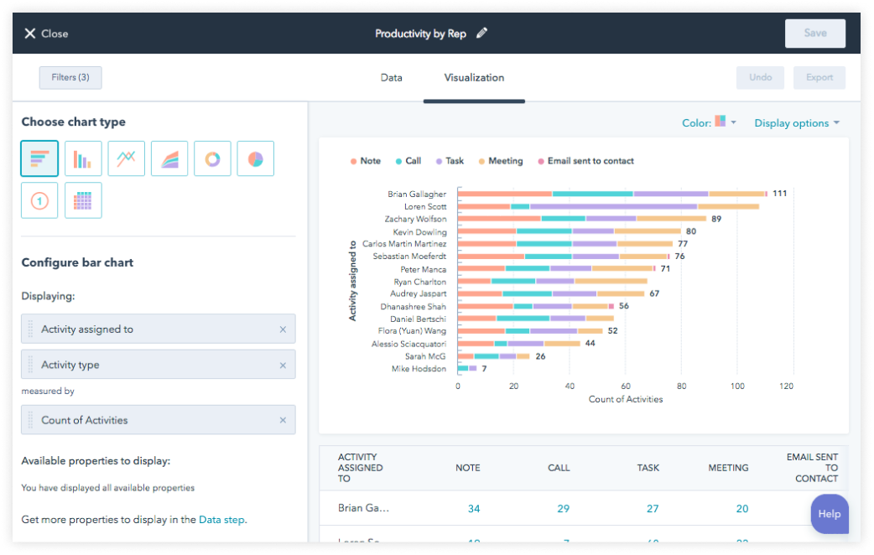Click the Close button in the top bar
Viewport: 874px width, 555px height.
click(46, 34)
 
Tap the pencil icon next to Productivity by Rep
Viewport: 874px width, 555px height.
click(481, 34)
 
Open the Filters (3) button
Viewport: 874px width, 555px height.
click(70, 77)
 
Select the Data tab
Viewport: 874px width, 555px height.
click(391, 78)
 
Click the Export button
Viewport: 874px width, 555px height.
click(819, 77)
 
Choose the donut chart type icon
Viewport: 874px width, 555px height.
click(212, 158)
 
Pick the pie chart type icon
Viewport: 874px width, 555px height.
click(256, 158)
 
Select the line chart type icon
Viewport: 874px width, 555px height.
click(126, 158)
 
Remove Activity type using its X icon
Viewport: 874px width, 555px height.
click(283, 366)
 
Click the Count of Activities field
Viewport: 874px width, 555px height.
click(158, 420)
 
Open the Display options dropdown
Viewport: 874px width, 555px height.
click(797, 123)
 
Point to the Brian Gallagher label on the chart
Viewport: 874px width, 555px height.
click(417, 195)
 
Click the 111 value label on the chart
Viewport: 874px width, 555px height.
click(779, 194)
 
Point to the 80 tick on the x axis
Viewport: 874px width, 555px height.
click(682, 386)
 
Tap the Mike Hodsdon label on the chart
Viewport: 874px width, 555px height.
click(419, 369)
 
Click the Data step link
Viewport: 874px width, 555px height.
click(221, 520)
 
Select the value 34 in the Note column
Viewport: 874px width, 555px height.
click(474, 508)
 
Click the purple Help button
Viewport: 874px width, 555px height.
click(829, 514)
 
